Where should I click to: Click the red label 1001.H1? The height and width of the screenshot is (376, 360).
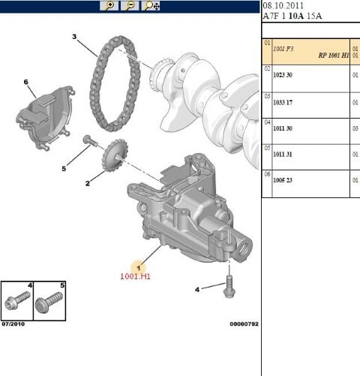coord(136,275)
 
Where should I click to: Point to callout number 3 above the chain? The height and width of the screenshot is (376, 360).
coord(74,36)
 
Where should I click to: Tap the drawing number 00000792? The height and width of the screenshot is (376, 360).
coord(243,324)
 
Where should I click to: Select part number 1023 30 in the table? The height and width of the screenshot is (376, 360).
coord(283,76)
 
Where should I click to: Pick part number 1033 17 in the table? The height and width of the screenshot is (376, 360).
coord(283,103)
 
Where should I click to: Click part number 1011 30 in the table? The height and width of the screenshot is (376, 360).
coord(283,129)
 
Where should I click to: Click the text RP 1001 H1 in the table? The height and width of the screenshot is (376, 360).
coord(332,55)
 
